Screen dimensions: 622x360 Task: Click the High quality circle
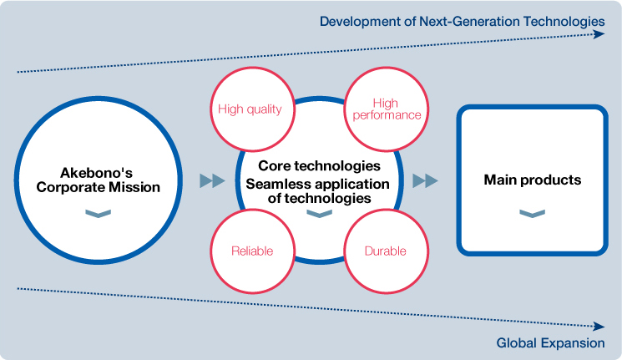(x=252, y=109)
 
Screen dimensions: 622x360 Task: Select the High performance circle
(x=386, y=109)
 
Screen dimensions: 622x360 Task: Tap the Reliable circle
(x=252, y=251)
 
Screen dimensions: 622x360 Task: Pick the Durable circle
(x=386, y=251)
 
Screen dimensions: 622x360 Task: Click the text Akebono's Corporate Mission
(x=98, y=180)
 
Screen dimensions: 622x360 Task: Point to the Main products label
(x=533, y=180)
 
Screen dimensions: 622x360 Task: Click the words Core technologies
(x=319, y=165)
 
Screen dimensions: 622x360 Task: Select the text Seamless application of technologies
(x=318, y=191)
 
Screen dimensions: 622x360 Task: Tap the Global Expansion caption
(x=550, y=343)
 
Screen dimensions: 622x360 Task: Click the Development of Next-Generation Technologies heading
(x=463, y=22)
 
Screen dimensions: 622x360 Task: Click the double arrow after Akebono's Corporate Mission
(x=212, y=180)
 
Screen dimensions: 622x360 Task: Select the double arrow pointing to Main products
(x=425, y=180)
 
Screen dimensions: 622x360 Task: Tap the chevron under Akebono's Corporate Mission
(x=98, y=214)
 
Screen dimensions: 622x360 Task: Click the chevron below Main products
(x=533, y=214)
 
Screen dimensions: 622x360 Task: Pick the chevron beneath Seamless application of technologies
(x=319, y=214)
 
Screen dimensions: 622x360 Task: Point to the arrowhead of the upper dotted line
(x=599, y=34)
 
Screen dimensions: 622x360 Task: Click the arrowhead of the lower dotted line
(x=599, y=327)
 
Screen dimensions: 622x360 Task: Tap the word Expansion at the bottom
(x=573, y=343)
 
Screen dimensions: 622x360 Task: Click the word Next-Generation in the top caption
(x=469, y=22)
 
